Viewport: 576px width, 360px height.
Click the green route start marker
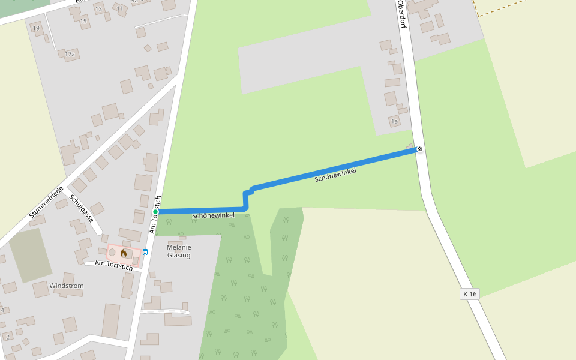point(155,212)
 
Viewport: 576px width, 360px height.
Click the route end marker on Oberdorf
point(420,149)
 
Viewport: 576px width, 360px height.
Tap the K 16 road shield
point(470,294)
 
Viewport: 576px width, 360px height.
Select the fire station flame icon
point(124,253)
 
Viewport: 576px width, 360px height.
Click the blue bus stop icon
point(145,252)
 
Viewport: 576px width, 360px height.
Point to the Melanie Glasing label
point(179,251)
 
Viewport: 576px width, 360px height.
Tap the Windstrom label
point(67,286)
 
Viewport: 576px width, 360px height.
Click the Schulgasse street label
point(82,208)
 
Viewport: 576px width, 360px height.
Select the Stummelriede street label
point(46,202)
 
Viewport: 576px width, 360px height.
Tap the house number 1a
point(394,121)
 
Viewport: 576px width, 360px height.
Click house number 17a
point(70,54)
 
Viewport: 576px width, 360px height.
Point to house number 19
point(36,28)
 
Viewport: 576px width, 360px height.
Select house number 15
point(83,21)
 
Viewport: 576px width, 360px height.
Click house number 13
point(98,9)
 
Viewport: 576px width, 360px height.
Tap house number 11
point(120,8)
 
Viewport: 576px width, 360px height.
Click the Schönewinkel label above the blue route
point(335,175)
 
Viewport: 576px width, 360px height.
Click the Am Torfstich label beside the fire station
point(113,265)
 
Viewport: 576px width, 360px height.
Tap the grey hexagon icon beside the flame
point(112,253)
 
